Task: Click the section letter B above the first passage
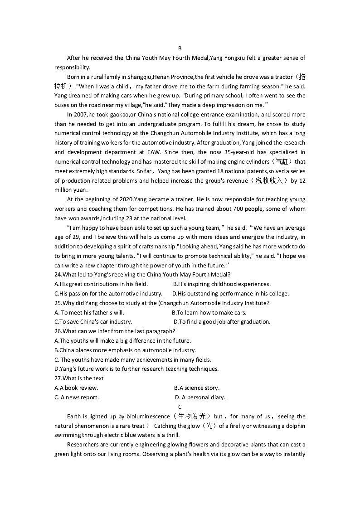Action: tap(180, 48)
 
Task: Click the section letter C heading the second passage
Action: tap(180, 407)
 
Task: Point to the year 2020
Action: tap(125, 199)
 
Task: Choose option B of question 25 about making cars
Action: tap(209, 312)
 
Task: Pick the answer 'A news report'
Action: tap(77, 398)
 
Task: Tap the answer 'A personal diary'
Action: tap(200, 398)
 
